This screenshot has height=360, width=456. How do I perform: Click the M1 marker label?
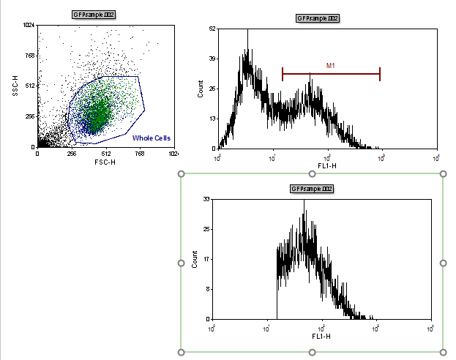point(331,66)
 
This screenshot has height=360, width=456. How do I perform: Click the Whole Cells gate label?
point(152,138)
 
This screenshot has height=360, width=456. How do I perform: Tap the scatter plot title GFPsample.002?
point(94,15)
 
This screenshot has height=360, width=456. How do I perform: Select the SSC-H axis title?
point(15,86)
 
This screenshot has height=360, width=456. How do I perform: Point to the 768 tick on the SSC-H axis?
point(29,56)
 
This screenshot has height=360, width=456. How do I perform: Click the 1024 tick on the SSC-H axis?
point(29,26)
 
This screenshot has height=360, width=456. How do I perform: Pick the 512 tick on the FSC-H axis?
point(105,154)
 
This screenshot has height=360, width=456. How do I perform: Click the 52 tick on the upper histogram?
point(212,29)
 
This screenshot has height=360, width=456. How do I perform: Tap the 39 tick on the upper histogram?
point(212,59)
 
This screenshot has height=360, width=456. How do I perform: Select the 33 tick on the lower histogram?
point(206,198)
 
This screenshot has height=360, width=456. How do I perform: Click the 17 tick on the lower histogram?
point(206,258)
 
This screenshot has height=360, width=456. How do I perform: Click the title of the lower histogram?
point(313,189)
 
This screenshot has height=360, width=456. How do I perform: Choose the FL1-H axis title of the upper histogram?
point(326,165)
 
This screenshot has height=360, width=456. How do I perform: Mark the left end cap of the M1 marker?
point(283,73)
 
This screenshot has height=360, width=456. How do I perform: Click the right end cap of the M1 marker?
point(380,73)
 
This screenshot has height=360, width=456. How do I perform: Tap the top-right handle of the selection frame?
point(443,174)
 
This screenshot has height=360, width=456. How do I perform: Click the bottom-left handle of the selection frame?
point(182,352)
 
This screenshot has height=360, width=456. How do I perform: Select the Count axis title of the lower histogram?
point(195,259)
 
